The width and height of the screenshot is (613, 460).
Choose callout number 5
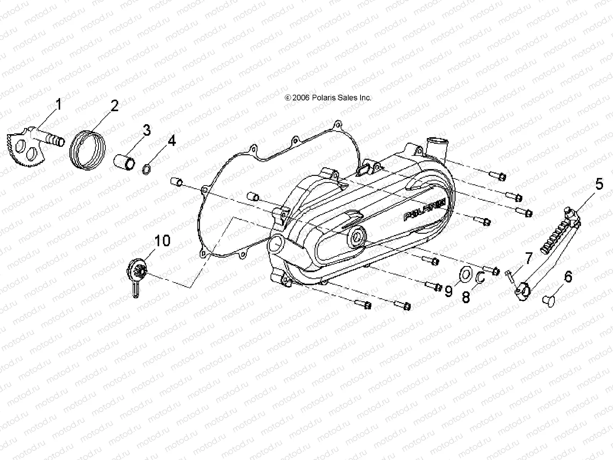(x=599, y=184)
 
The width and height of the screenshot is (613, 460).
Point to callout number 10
(x=162, y=241)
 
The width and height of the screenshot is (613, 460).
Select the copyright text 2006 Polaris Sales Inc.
(x=328, y=98)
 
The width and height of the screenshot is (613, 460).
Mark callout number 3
(x=146, y=131)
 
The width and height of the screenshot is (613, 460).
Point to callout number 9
(x=448, y=292)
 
